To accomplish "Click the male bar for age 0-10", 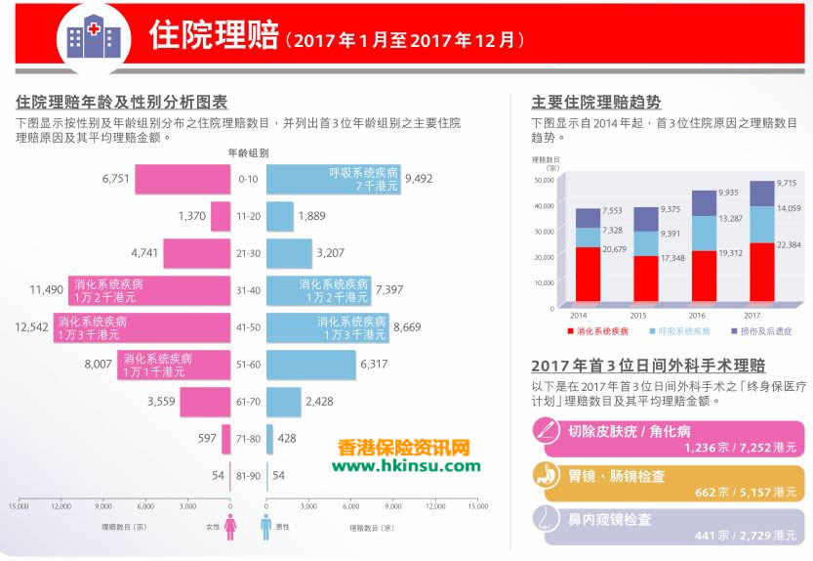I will [333, 179].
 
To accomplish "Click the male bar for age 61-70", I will [283, 402].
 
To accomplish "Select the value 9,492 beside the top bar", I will [419, 179].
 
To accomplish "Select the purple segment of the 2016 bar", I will [703, 202].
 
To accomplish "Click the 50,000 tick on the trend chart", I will [543, 180].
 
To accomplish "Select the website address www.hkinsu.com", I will [405, 465].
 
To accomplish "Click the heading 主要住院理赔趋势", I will [595, 102].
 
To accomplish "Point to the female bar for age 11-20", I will [221, 216].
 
